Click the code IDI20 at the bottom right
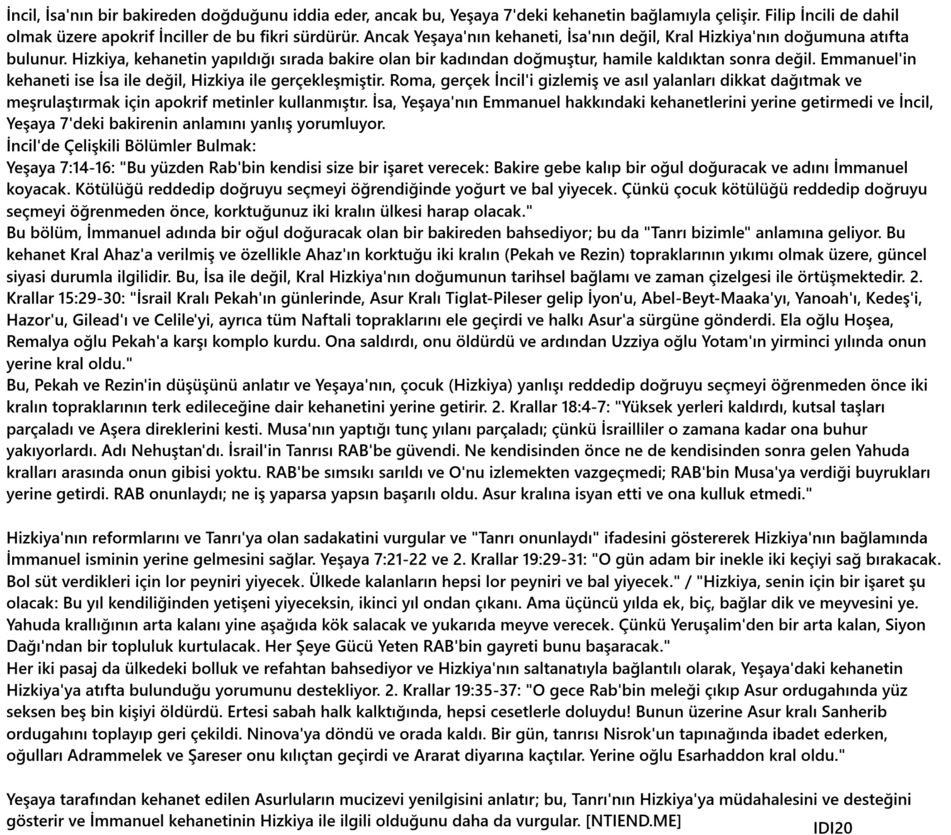(x=832, y=826)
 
